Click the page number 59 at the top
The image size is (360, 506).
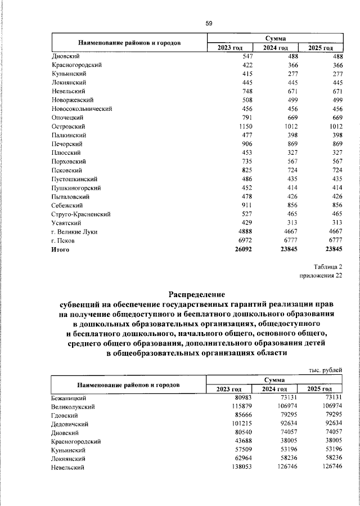click(209, 23)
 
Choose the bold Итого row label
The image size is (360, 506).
click(60, 249)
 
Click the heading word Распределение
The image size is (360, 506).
click(197, 294)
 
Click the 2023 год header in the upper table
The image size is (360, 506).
click(229, 48)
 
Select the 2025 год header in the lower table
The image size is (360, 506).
click(319, 389)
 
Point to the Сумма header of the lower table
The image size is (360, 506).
click(275, 380)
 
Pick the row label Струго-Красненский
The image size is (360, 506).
click(80, 214)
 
